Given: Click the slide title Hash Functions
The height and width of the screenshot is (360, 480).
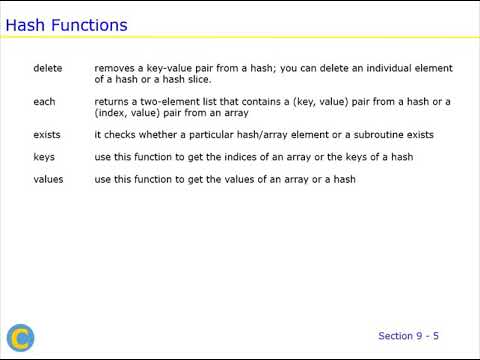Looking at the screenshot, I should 66,24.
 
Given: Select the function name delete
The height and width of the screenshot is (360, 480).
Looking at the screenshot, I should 47,68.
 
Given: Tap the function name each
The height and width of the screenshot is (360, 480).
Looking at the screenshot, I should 44,101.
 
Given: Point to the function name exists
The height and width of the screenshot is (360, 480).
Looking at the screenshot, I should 47,134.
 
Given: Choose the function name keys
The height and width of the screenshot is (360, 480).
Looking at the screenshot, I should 44,156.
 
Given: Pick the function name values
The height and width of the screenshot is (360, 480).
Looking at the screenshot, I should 48,179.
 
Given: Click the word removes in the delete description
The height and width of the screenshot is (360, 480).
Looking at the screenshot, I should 114,68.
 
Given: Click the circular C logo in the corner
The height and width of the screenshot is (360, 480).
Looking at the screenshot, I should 20,338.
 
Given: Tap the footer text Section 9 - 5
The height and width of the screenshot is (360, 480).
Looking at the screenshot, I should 408,335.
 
